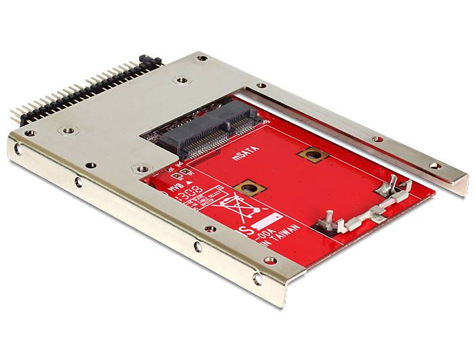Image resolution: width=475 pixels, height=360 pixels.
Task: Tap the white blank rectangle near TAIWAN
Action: pos(270,221)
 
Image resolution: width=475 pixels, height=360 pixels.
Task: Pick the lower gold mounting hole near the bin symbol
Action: pos(247,188)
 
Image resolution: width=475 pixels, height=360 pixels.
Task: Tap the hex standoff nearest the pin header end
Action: pos(68,130)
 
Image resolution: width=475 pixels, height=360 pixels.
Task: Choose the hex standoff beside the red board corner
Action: pos(140,168)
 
